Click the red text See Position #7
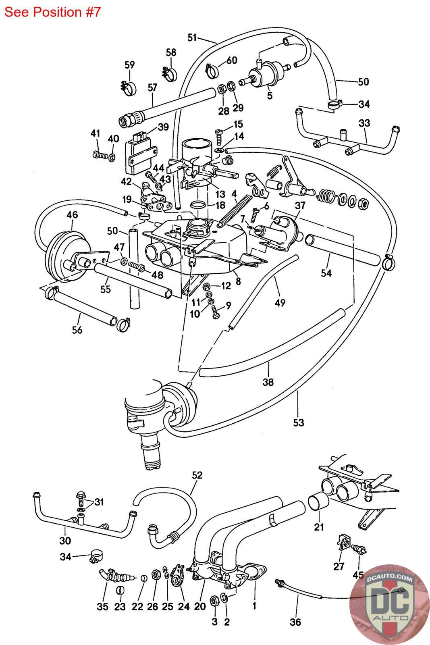point(52,12)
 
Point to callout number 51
point(192,37)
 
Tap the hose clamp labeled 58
point(169,73)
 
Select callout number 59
point(129,65)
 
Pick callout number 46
point(72,214)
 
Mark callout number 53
point(299,422)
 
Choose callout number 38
point(268,382)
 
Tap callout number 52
point(197,475)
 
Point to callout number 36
point(295,622)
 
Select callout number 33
point(364,123)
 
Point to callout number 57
point(152,87)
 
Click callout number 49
point(280,303)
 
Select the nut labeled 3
point(214,601)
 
